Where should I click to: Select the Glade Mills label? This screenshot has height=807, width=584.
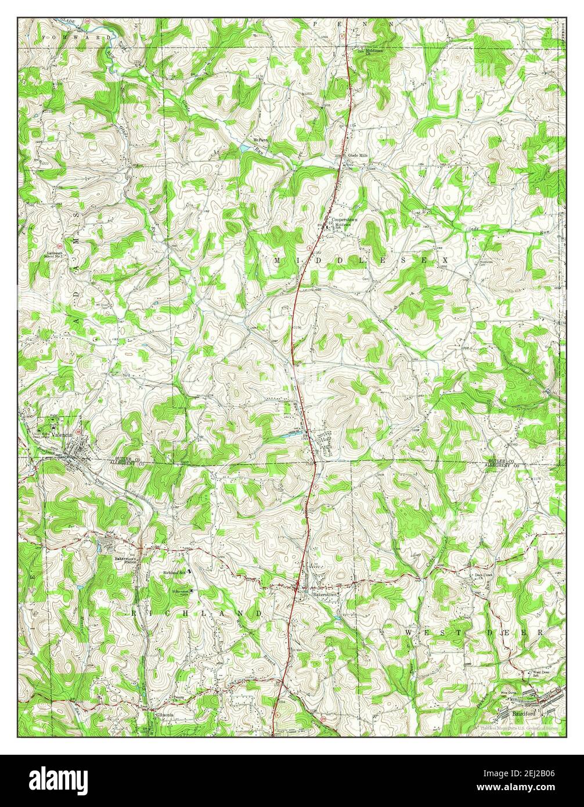coord(358,156)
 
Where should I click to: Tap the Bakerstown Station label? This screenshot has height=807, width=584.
coord(126,560)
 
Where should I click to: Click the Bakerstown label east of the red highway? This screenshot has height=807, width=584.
coord(325,595)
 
